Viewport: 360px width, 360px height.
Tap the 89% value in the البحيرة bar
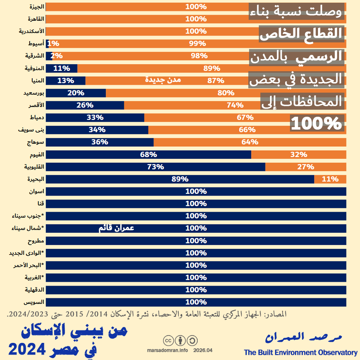pyautogui.click(x=180, y=179)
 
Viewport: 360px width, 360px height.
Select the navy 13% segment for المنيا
pyautogui.click(x=65, y=81)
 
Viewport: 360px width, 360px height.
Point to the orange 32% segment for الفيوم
pyautogui.click(x=299, y=155)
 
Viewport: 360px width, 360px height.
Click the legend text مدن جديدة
pyautogui.click(x=163, y=80)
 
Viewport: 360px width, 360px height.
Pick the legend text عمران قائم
pyautogui.click(x=116, y=228)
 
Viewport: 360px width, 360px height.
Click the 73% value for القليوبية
pyautogui.click(x=155, y=167)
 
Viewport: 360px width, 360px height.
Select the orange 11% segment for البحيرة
pyautogui.click(x=330, y=179)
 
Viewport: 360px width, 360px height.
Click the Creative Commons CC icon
pyautogui.click(x=169, y=341)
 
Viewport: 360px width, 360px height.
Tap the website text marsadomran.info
pyautogui.click(x=168, y=350)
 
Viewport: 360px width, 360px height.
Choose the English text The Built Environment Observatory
pyautogui.click(x=300, y=353)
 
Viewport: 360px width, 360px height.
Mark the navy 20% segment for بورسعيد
pyautogui.click(x=76, y=93)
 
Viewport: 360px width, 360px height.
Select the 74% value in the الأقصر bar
pyautogui.click(x=235, y=105)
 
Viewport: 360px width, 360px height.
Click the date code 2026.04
pyautogui.click(x=202, y=350)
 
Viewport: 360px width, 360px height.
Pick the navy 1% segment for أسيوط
pyautogui.click(x=47, y=44)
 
